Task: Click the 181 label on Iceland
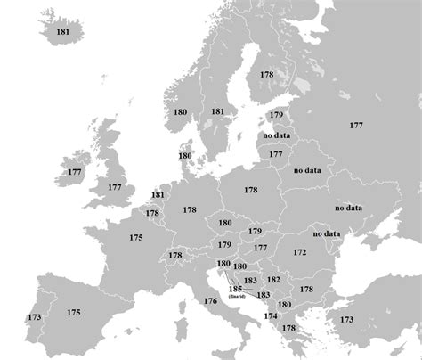click(63, 33)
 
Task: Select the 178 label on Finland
click(266, 75)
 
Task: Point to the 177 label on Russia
click(356, 126)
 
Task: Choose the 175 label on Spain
click(73, 312)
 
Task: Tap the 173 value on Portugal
click(34, 317)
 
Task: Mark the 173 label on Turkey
click(346, 319)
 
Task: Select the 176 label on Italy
click(210, 301)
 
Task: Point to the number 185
click(236, 289)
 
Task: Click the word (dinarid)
click(237, 298)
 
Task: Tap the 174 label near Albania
click(270, 316)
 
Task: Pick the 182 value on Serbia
click(273, 280)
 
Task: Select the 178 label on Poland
click(250, 191)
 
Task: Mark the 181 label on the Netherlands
click(158, 195)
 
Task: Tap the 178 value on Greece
click(288, 328)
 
